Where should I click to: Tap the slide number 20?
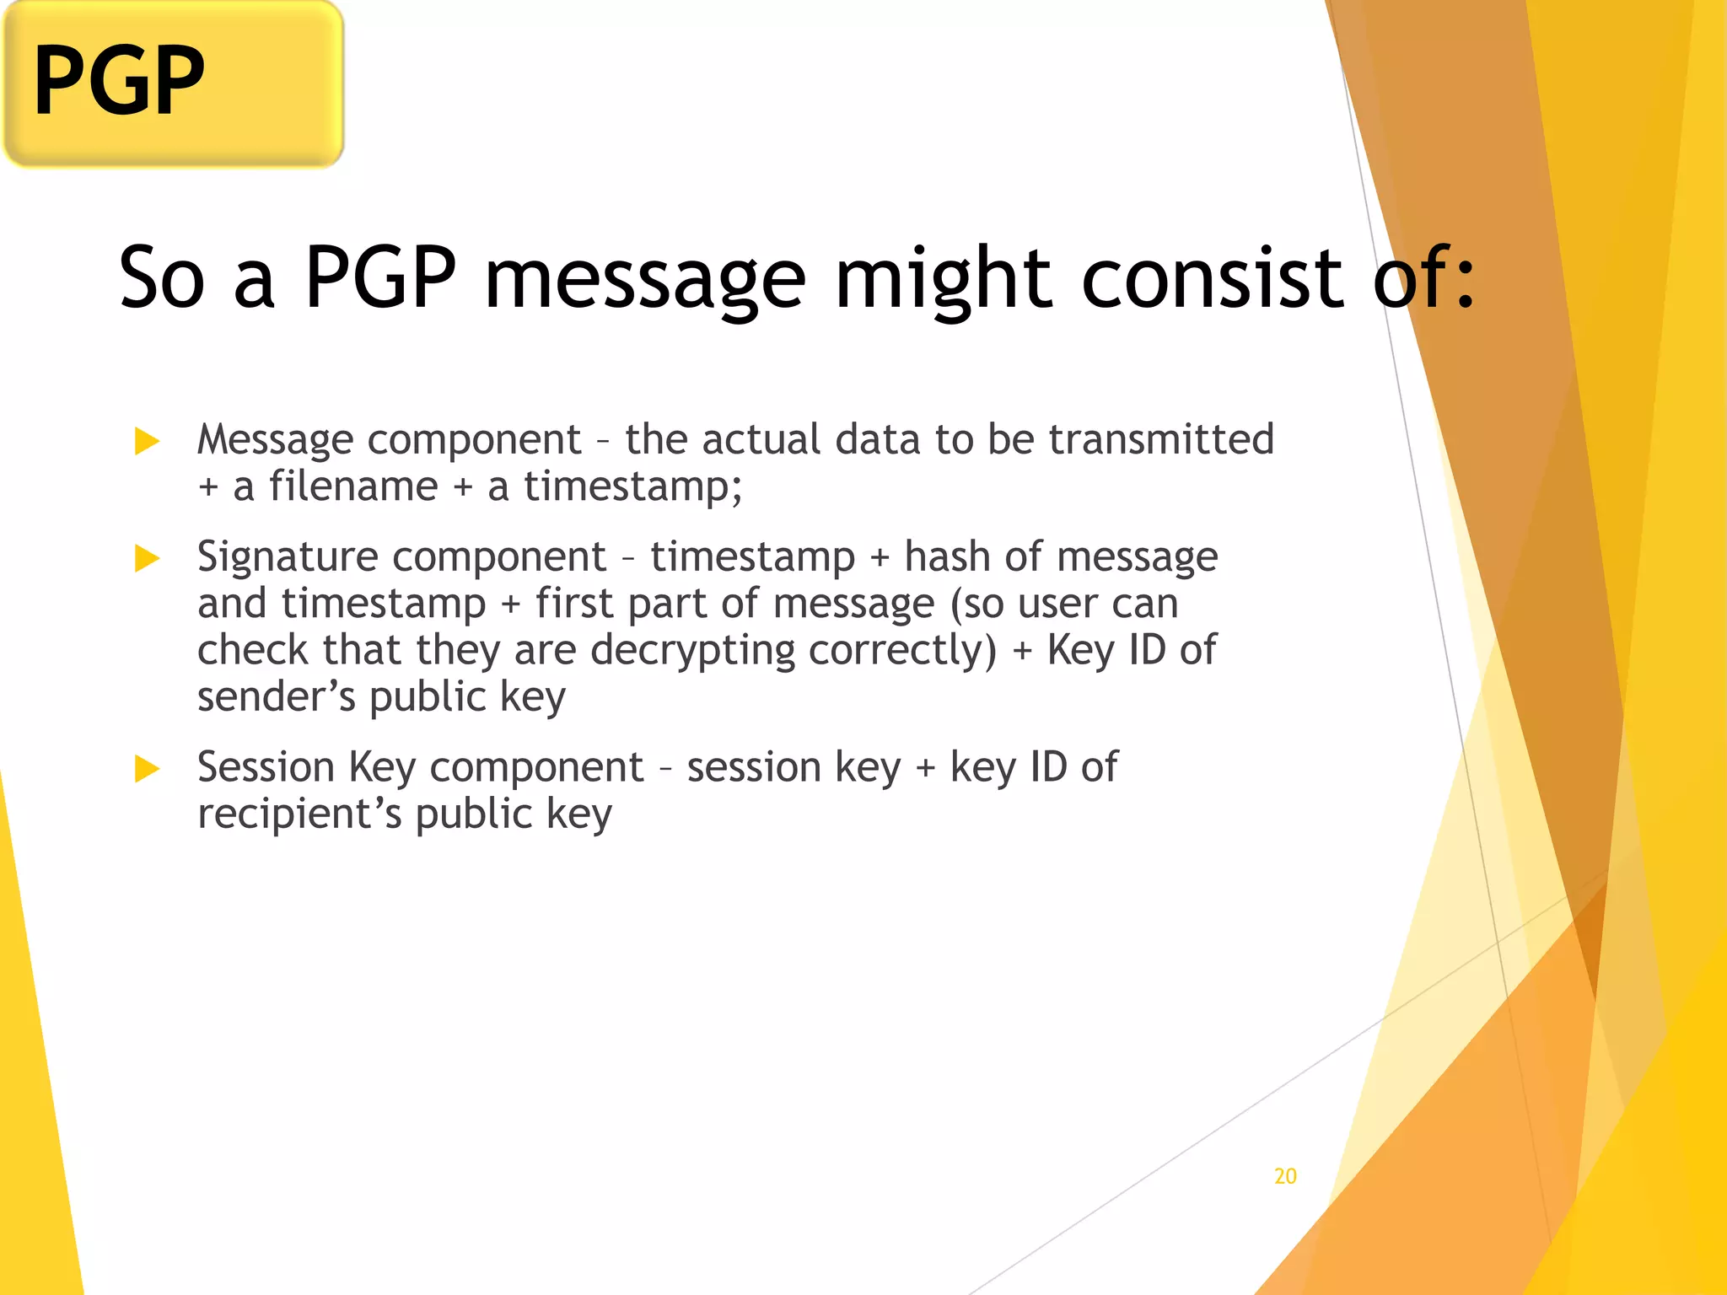(x=1285, y=1176)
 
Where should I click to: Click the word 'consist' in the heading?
(x=1212, y=278)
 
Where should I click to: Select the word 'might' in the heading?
(x=943, y=278)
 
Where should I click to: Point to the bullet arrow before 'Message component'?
(x=147, y=440)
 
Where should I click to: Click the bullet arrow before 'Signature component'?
(x=147, y=558)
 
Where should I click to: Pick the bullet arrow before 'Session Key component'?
(x=147, y=768)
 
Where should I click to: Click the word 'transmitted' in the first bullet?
(x=1160, y=439)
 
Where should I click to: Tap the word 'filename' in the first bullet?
(x=353, y=486)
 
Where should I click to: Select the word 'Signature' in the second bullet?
(x=288, y=557)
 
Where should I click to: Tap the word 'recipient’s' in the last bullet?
(x=299, y=814)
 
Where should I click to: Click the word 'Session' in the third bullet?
(x=266, y=767)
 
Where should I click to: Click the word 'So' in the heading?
(x=162, y=278)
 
